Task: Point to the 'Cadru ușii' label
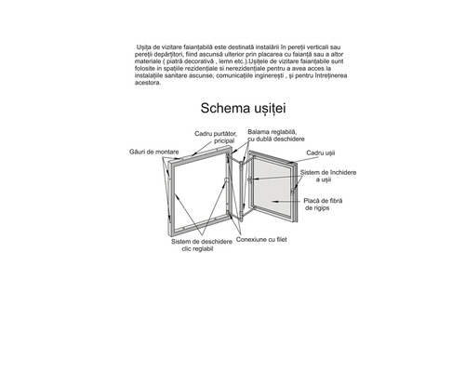[x=322, y=152]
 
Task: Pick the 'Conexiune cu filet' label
[x=264, y=240]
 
